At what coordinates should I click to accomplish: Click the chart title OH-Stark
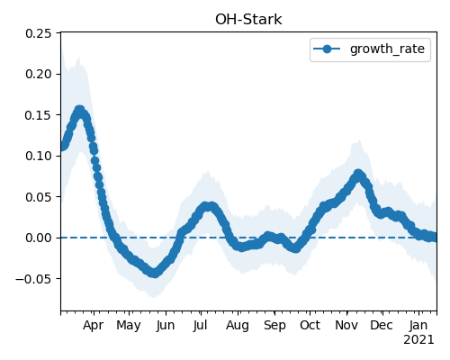coord(248,20)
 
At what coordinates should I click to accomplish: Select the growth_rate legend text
coord(387,49)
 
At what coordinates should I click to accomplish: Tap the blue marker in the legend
coord(327,49)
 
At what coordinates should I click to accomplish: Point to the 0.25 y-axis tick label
coord(38,33)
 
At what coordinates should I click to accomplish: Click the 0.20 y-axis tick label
coord(38,74)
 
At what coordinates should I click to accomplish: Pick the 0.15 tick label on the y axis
coord(38,115)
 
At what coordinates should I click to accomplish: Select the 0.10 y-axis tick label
coord(38,156)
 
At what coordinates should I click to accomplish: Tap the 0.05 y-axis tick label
coord(38,197)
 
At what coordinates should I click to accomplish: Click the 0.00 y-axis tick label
coord(38,238)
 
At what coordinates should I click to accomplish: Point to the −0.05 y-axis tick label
coord(33,279)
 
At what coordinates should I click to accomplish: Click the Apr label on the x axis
coord(93,326)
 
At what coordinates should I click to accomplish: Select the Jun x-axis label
coord(166,326)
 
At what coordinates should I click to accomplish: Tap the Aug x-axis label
coord(238,326)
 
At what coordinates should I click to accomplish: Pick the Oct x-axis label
coord(310,326)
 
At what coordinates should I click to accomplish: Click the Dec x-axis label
coord(382,326)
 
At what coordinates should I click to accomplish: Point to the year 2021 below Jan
coord(418,340)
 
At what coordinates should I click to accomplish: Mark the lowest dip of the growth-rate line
coord(154,273)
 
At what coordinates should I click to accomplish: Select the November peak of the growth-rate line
coord(358,175)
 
